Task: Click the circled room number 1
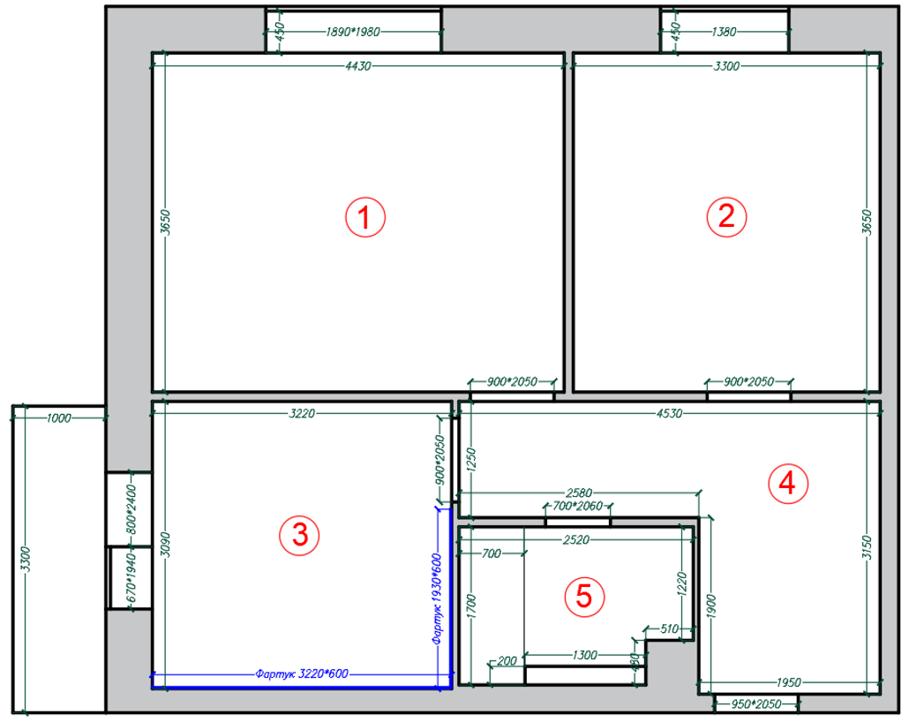coord(365,217)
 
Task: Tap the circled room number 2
coord(726,216)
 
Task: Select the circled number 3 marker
coord(300,535)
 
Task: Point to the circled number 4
coord(788,483)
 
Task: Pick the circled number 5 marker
coord(584,596)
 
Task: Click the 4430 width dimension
coord(358,66)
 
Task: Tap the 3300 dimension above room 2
coord(726,66)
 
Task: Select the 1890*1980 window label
coord(352,32)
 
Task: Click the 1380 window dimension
coord(724,32)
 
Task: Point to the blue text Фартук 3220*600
coord(302,673)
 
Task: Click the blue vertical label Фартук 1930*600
coord(438,598)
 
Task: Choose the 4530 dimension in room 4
coord(669,413)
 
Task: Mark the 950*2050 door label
coord(756,704)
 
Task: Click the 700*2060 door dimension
coord(577,506)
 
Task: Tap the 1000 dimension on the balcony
coord(58,418)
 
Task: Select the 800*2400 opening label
coord(131,510)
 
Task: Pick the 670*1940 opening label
coord(131,577)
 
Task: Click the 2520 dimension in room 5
coord(576,540)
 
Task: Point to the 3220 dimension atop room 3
coord(302,413)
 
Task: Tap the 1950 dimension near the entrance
coord(788,682)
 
